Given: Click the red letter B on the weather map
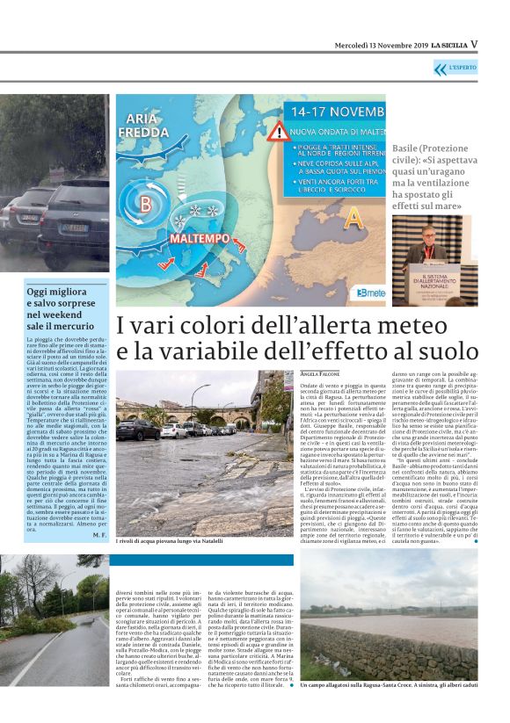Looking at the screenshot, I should click(144, 206).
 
